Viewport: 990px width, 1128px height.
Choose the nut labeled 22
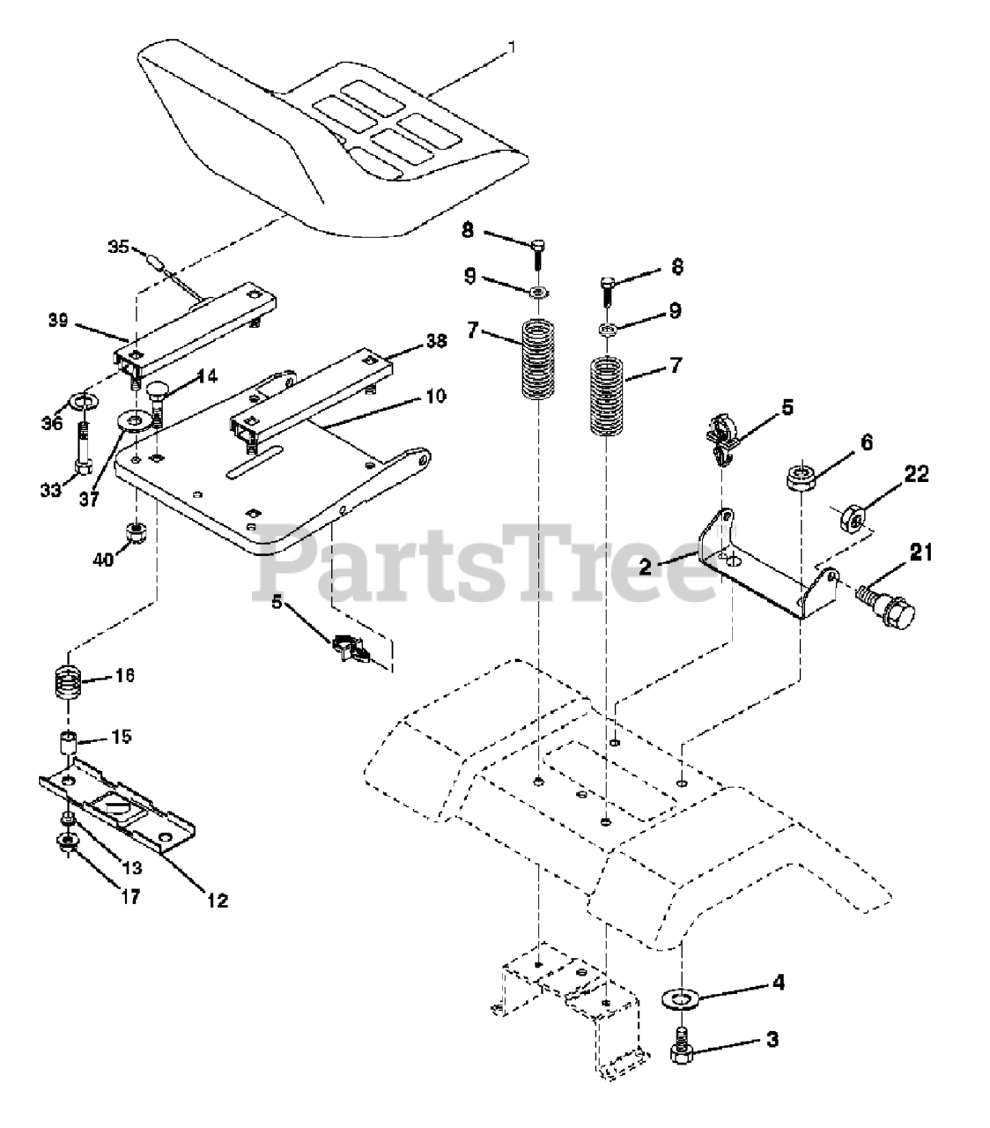click(853, 515)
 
